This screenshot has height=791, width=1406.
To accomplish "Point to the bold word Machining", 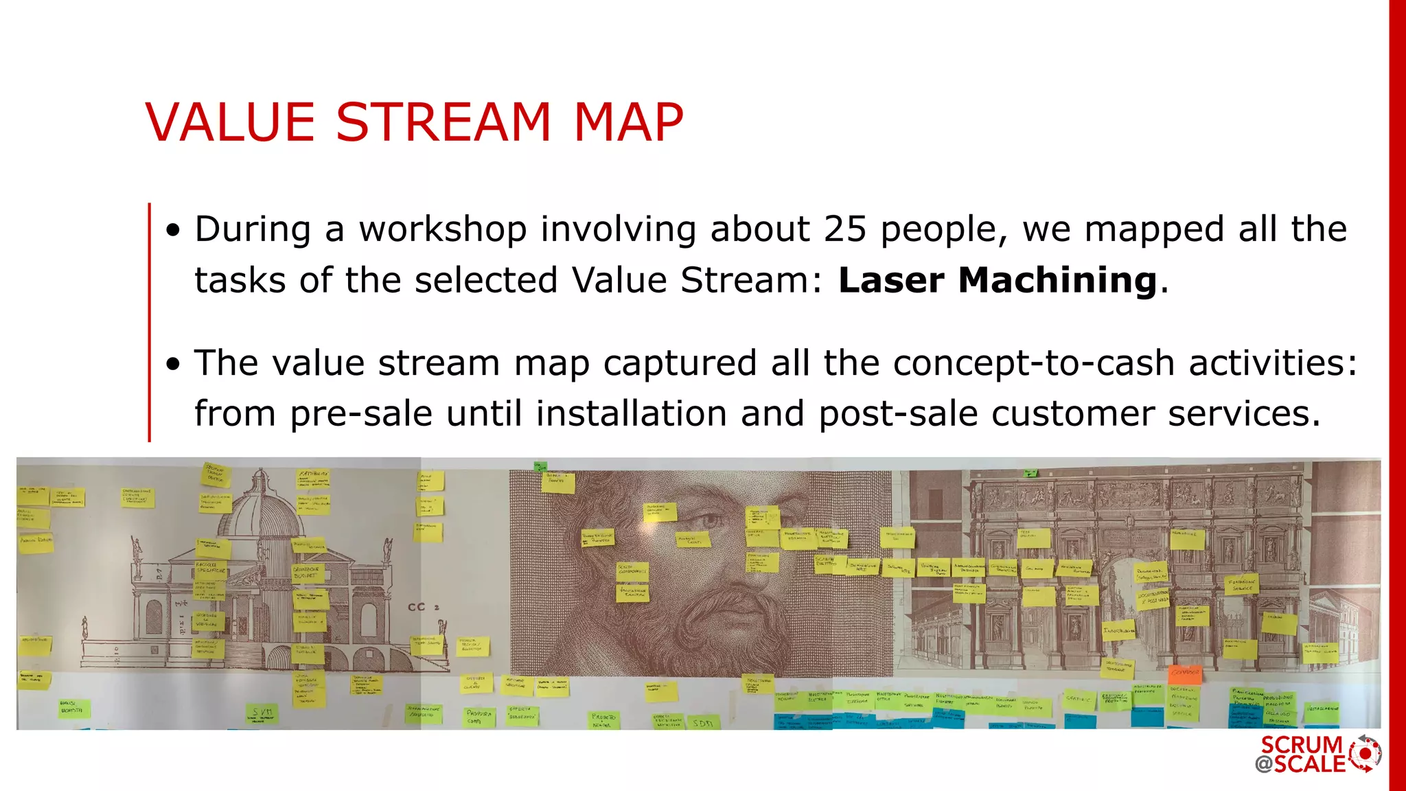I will (1057, 280).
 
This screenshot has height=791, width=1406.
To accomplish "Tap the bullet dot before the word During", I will (173, 231).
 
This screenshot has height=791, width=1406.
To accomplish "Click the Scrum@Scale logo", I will (1318, 754).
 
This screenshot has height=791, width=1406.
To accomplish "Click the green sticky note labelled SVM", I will (262, 713).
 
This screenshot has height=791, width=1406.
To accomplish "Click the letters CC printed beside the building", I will (417, 607).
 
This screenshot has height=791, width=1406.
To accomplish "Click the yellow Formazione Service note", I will (1242, 585).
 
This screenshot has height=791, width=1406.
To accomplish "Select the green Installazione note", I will (1322, 709).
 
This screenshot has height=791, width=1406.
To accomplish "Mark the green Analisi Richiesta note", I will (72, 707).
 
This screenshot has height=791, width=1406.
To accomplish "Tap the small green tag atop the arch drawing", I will (1030, 473).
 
